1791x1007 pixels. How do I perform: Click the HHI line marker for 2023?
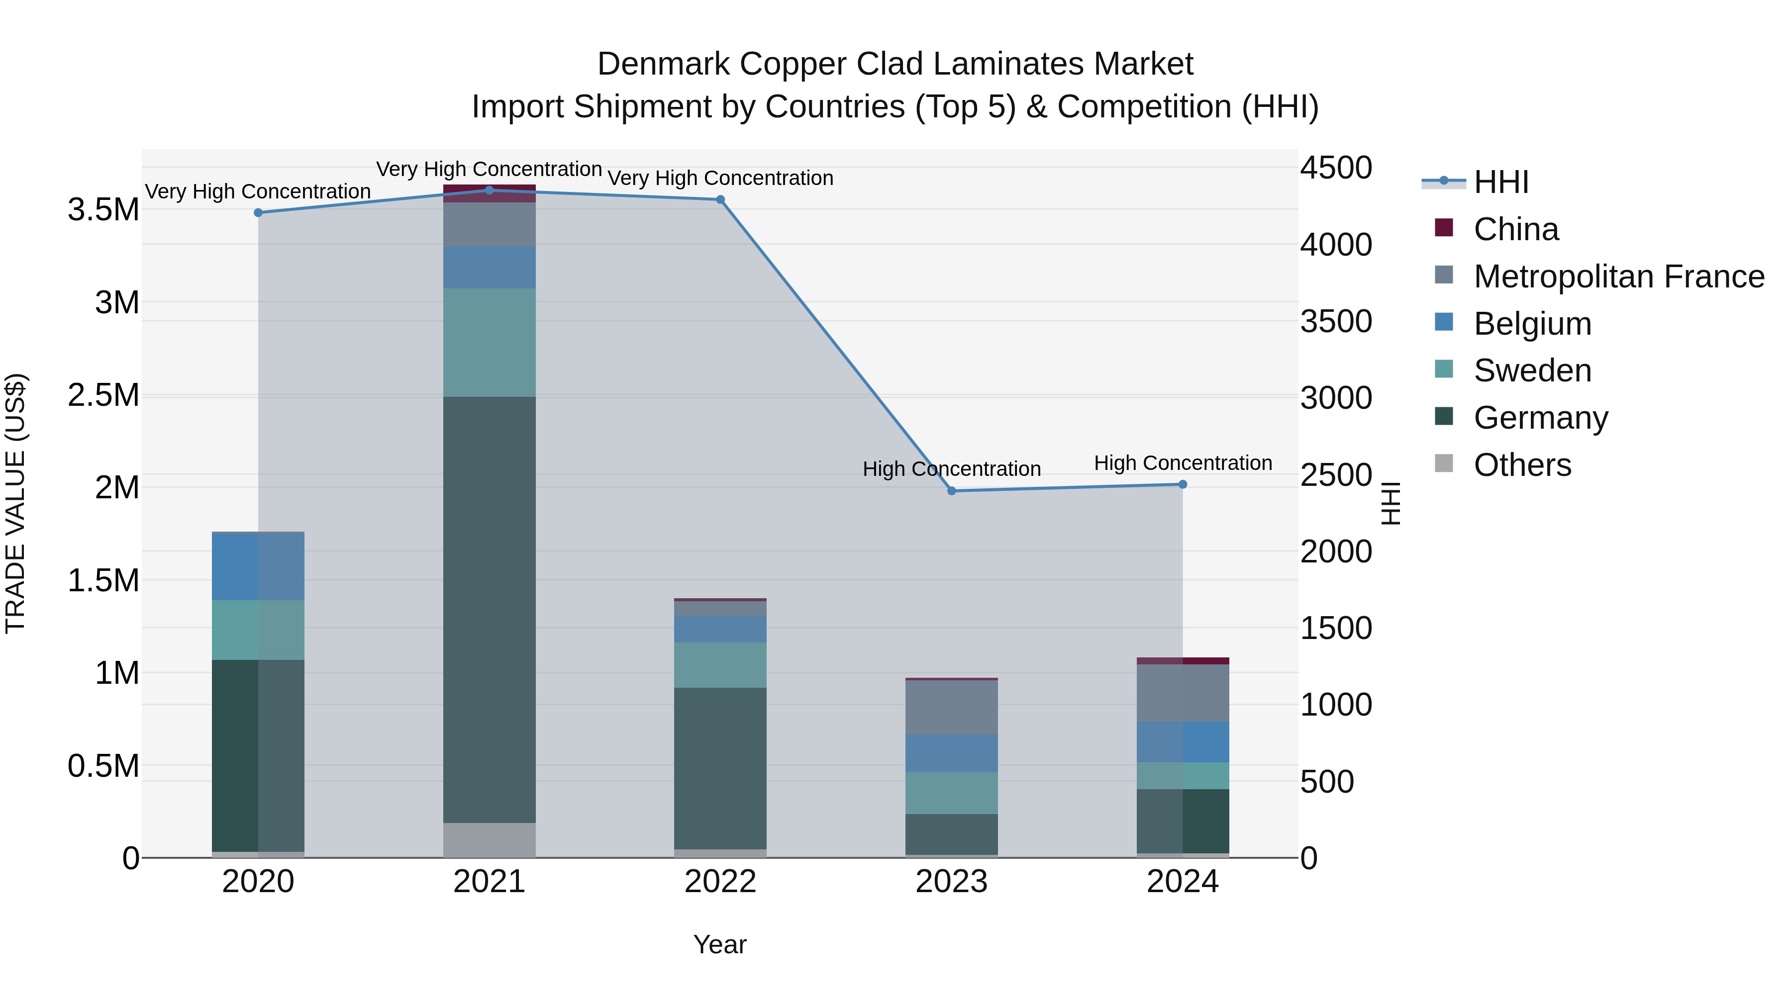[x=952, y=491]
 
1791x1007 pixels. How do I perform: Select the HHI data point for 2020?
[x=258, y=213]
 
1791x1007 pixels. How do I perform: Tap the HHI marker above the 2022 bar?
[x=720, y=199]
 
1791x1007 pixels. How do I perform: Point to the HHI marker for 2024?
[x=1183, y=484]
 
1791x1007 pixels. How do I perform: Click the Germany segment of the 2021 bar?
[x=490, y=610]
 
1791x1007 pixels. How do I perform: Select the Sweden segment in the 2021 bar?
[x=490, y=343]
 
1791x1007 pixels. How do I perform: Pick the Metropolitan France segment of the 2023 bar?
[x=951, y=708]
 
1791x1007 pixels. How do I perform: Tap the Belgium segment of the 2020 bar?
[x=258, y=566]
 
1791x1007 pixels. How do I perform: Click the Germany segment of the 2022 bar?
[x=720, y=768]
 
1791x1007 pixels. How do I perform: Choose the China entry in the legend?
[x=1516, y=229]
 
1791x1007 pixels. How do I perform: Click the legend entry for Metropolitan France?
[x=1618, y=276]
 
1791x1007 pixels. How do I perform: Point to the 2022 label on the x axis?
[x=720, y=882]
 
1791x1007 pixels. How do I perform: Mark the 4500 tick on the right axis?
[x=1336, y=168]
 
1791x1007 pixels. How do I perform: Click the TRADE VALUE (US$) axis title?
[x=16, y=503]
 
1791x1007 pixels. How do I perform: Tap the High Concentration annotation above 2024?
[x=1183, y=463]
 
